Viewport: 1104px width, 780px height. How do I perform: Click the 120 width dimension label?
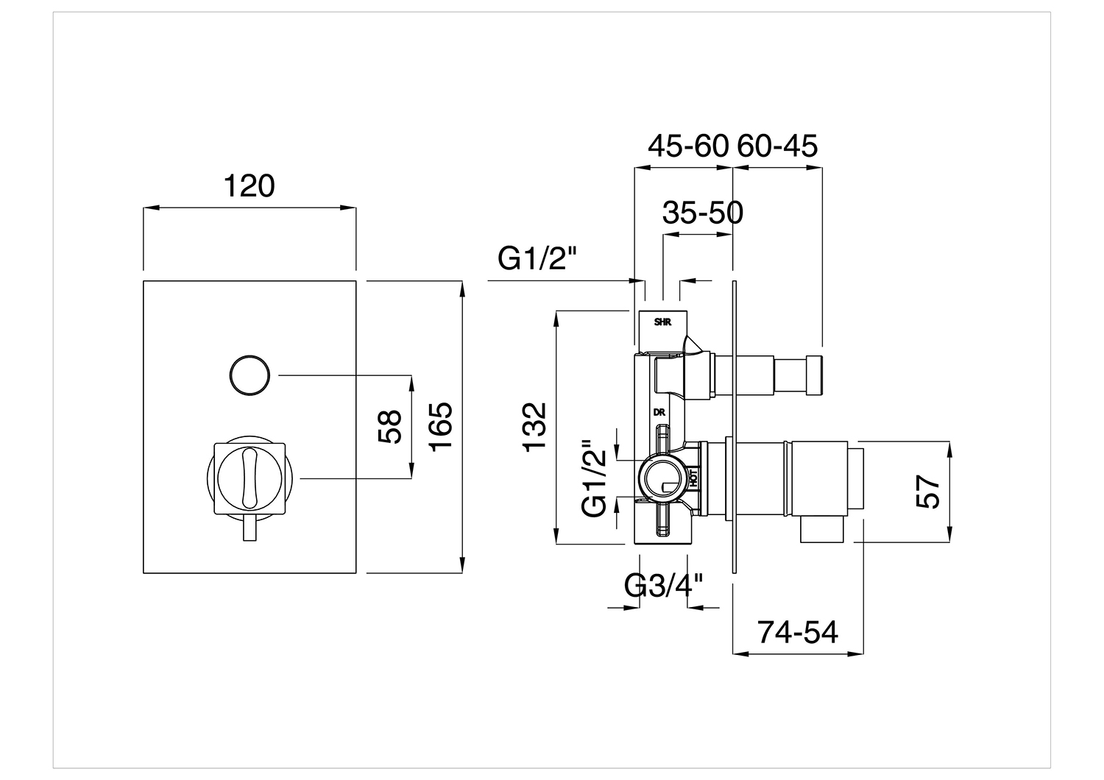[x=249, y=186]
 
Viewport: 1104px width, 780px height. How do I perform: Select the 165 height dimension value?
[x=441, y=427]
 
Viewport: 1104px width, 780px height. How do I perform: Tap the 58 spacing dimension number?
[x=389, y=427]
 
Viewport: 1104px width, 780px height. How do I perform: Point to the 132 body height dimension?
[x=535, y=427]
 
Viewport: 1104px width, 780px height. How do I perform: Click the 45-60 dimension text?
[x=688, y=146]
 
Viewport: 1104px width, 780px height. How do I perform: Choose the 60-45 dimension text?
[x=777, y=146]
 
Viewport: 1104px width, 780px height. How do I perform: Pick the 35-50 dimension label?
[x=702, y=213]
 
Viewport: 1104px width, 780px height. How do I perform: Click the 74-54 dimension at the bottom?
[x=797, y=632]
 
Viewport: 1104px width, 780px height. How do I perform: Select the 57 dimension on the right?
[x=928, y=492]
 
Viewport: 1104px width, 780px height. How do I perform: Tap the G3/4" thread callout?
[x=663, y=586]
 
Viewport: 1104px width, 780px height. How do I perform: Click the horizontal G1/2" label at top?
[x=537, y=258]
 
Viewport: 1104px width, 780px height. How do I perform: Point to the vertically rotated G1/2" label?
[x=594, y=478]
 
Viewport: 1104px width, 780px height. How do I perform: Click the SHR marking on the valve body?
[x=662, y=322]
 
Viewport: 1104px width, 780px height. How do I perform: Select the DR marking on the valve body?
[x=659, y=412]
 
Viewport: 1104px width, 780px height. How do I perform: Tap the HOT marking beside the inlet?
[x=693, y=478]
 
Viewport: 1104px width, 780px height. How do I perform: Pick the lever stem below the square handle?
[x=250, y=528]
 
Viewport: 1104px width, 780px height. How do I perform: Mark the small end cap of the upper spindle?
[x=814, y=375]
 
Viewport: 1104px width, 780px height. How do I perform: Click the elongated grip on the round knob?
[x=250, y=478]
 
